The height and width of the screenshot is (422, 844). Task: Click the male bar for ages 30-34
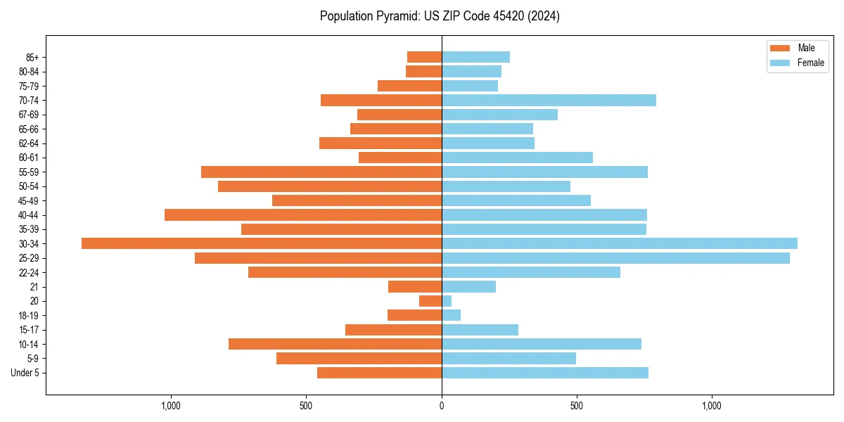(x=262, y=243)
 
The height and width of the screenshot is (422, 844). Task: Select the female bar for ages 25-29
(x=615, y=258)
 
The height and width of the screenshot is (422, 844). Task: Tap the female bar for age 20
(x=447, y=301)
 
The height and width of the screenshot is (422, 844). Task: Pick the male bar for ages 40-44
(x=303, y=215)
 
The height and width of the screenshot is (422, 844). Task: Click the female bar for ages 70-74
(x=549, y=100)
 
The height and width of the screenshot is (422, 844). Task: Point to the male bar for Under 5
(x=380, y=373)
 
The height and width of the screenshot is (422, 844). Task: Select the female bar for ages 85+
(x=475, y=57)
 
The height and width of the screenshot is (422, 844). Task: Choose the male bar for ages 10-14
(x=335, y=344)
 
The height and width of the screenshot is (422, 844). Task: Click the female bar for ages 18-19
(x=451, y=315)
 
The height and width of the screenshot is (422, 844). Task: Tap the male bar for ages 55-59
(x=321, y=172)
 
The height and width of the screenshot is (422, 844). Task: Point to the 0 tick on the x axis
(x=442, y=406)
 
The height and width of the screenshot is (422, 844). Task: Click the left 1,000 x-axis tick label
(x=171, y=406)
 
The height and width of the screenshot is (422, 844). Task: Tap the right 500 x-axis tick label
(x=577, y=406)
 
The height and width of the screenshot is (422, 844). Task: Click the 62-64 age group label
(x=29, y=143)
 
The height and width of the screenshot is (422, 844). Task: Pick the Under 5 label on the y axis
(x=25, y=373)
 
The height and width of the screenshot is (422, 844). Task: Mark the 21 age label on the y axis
(x=34, y=287)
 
